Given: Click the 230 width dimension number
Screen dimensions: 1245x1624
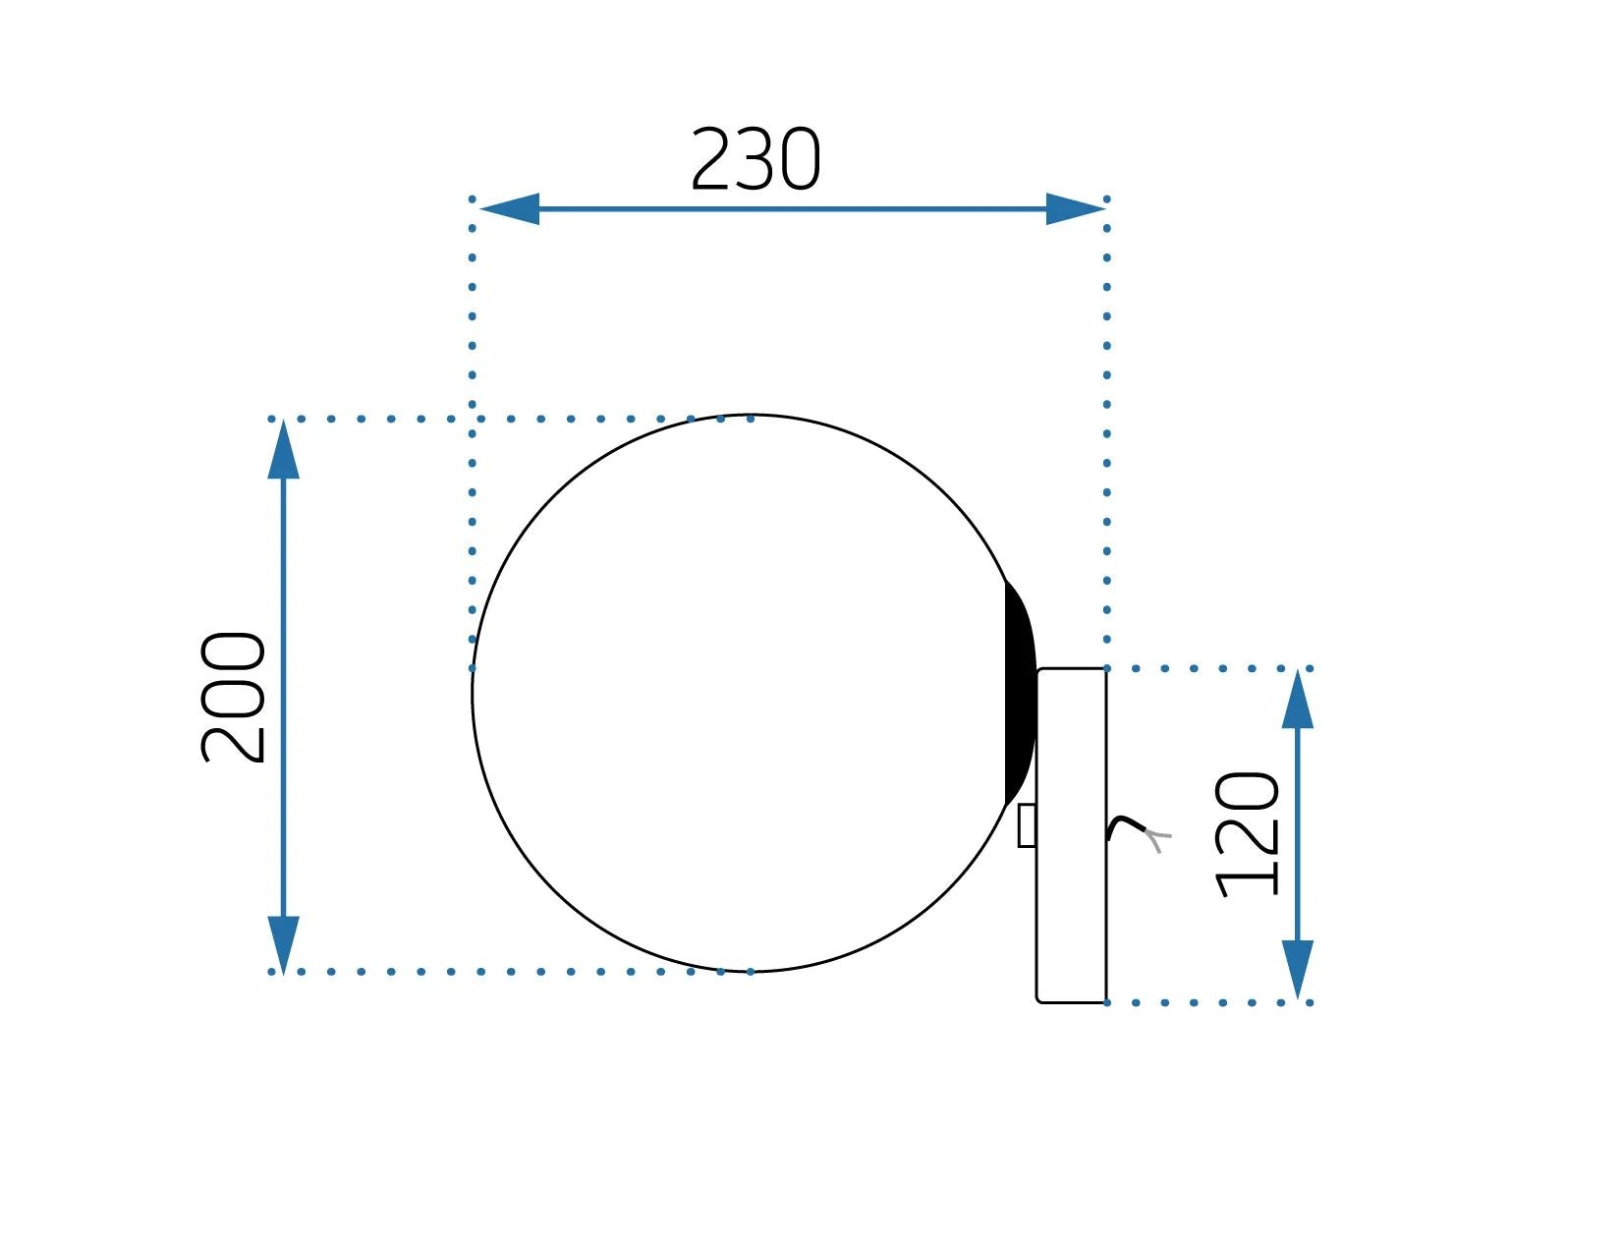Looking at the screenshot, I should tap(755, 160).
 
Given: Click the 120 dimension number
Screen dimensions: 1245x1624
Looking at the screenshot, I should tap(1249, 834).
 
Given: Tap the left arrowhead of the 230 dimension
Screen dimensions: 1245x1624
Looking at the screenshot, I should tap(509, 209).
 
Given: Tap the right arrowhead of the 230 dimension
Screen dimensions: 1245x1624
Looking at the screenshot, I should tap(1075, 209).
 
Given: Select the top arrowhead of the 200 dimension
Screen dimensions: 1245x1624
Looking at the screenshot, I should tap(283, 451).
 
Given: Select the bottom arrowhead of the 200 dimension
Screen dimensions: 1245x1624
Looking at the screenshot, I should tap(283, 943).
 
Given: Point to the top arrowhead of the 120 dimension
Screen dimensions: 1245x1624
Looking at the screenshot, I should tap(1298, 700).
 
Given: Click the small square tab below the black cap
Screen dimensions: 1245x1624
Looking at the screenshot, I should tap(1027, 825).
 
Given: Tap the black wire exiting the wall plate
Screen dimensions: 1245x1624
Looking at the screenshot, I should tap(1125, 825).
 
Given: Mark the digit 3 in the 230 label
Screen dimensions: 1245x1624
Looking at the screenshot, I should tap(756, 160).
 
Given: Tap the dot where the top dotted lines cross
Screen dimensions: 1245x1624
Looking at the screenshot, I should tap(473, 419).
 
